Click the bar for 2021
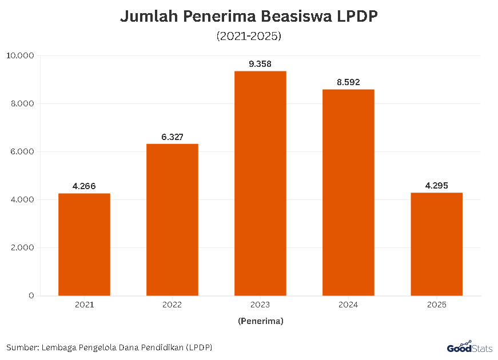[84, 245]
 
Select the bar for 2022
[172, 220]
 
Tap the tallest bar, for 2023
[260, 183]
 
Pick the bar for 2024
[348, 193]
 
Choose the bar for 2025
[436, 244]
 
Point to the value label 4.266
[84, 186]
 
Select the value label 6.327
[172, 137]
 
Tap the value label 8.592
[348, 82]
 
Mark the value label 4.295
[436, 186]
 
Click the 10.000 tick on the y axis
[21, 55]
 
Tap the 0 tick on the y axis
[31, 295]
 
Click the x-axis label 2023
[260, 305]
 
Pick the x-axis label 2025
[436, 305]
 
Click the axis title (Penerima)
[260, 321]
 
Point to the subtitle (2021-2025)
[249, 36]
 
